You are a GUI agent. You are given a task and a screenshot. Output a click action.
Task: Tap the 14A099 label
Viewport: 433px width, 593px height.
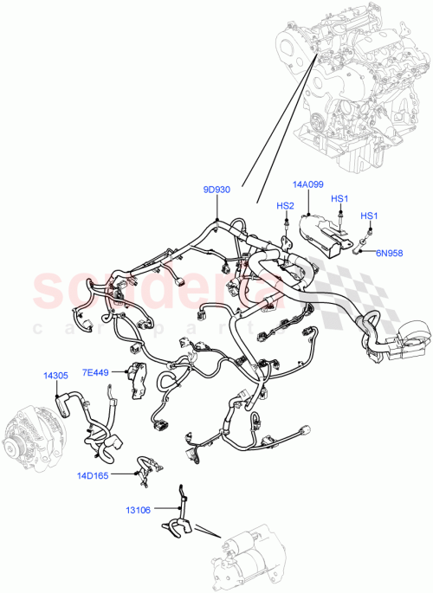click(x=308, y=184)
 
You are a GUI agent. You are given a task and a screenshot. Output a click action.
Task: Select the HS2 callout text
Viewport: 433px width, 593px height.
click(x=285, y=206)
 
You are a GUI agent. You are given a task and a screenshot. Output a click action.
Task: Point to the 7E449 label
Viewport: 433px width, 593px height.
click(x=96, y=373)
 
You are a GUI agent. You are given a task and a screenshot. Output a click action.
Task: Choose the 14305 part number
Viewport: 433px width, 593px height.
click(x=56, y=376)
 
